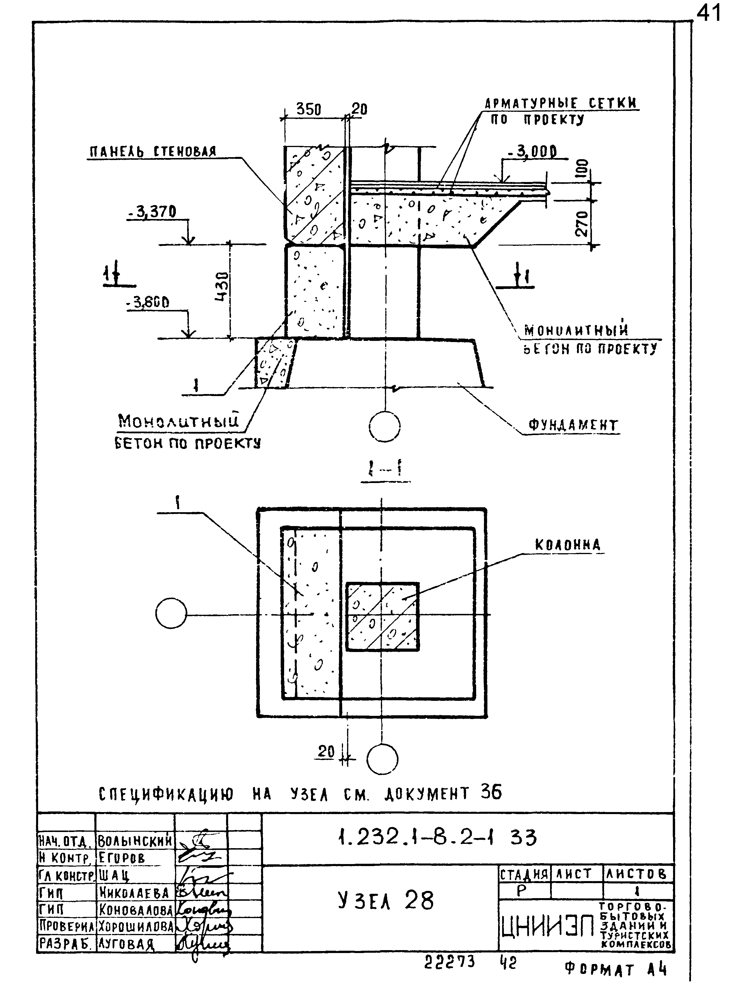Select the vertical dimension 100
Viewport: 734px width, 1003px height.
(582, 169)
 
